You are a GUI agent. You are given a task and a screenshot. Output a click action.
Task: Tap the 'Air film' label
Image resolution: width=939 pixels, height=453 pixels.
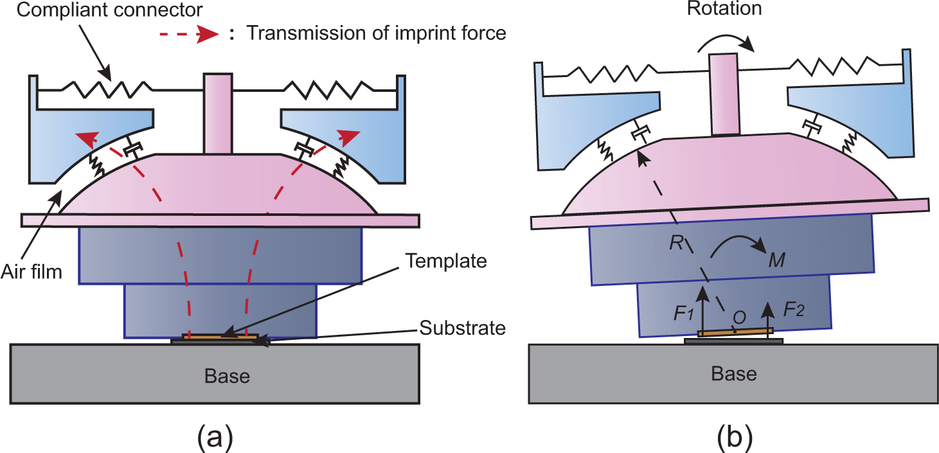32,272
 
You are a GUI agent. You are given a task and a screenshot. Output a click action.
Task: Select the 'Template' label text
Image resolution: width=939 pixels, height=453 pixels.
446,261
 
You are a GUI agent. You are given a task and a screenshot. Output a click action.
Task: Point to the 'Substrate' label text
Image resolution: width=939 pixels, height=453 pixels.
462,328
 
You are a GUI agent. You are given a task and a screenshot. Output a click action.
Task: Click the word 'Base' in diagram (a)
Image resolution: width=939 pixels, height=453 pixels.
228,376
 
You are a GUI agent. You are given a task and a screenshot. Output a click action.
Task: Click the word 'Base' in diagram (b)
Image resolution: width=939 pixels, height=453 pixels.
734,374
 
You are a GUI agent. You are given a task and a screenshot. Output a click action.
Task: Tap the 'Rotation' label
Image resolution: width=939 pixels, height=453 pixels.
724,8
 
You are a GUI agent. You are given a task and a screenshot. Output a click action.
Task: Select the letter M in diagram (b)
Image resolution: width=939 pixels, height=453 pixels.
777,260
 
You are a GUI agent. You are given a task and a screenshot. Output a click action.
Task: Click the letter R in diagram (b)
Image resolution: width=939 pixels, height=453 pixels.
677,243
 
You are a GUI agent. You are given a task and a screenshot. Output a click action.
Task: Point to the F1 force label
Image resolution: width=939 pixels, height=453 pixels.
684,313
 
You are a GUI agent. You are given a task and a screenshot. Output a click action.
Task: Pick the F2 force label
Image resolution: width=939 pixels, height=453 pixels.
794,310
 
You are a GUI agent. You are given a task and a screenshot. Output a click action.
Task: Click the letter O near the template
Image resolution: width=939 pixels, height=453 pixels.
739,317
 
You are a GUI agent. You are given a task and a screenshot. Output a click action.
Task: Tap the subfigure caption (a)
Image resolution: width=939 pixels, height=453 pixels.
215,437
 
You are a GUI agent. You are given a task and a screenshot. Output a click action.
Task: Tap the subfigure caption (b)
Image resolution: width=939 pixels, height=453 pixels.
735,437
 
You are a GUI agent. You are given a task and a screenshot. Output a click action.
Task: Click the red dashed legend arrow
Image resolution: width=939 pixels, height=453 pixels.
190,34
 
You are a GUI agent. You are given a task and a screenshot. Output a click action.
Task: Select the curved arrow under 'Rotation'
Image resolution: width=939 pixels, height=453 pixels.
726,41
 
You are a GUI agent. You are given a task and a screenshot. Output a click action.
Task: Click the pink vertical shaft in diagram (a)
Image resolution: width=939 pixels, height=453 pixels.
217,114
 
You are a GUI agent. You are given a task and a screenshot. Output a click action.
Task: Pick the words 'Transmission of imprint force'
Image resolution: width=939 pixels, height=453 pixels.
377,33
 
